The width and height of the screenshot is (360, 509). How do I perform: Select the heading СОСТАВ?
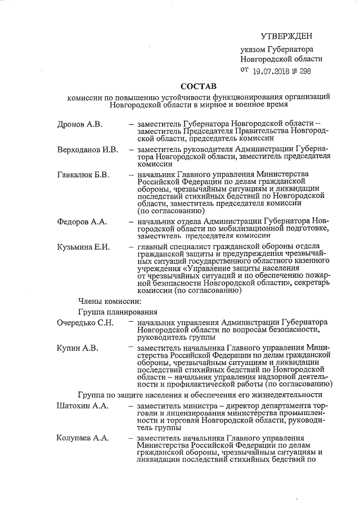tap(197, 87)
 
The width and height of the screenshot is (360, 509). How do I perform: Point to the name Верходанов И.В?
tap(87, 150)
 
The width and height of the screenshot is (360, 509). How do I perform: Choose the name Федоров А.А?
tap(82, 222)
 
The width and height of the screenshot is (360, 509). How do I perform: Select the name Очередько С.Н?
tap(85, 323)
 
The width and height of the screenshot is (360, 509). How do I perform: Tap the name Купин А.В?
tap(78, 349)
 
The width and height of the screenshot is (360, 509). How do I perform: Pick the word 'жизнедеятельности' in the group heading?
tap(293, 394)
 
